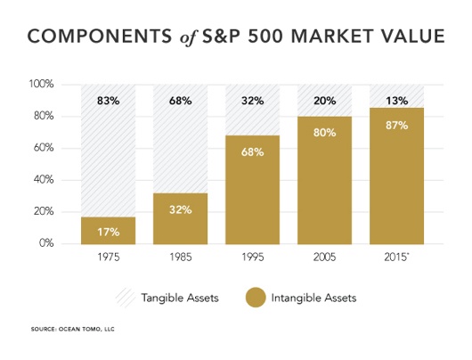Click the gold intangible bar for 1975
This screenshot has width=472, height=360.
click(108, 230)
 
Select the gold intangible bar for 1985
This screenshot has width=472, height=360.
click(180, 218)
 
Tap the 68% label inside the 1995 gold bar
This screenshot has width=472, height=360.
click(252, 151)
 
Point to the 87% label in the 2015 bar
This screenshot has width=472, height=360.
click(396, 126)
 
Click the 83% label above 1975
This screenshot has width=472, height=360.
click(108, 101)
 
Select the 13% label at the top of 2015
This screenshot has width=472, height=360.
click(396, 101)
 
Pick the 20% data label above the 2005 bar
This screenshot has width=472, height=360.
click(324, 101)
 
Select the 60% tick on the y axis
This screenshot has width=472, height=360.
click(44, 148)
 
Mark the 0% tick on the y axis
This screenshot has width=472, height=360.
click(46, 243)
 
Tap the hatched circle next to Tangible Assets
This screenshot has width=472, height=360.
click(126, 297)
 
